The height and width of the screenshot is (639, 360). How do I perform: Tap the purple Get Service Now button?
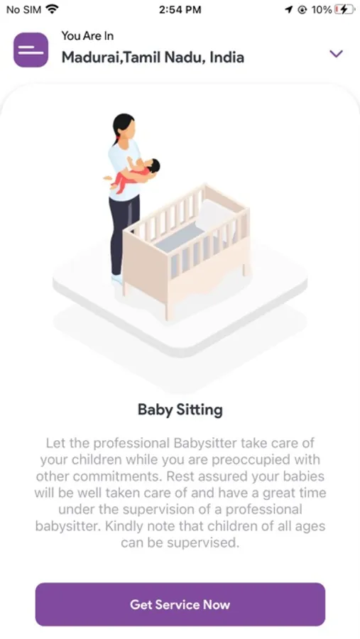(x=180, y=604)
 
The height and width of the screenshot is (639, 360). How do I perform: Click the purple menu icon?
(x=31, y=50)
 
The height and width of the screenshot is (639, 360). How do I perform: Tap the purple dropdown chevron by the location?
(x=336, y=53)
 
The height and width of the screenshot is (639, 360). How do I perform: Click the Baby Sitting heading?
(x=180, y=410)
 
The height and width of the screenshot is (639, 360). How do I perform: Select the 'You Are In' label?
(x=87, y=36)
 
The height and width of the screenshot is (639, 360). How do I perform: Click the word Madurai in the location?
(x=92, y=58)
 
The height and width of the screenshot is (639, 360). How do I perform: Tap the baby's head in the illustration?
(x=153, y=165)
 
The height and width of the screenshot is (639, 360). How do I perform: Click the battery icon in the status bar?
(x=344, y=10)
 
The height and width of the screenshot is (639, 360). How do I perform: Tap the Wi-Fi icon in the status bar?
(x=52, y=9)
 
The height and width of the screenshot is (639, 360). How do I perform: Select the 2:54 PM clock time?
(x=180, y=10)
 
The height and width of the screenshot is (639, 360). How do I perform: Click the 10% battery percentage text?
(x=321, y=10)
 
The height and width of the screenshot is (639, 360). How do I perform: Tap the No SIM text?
(x=23, y=10)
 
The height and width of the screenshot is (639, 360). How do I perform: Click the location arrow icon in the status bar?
(x=289, y=10)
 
